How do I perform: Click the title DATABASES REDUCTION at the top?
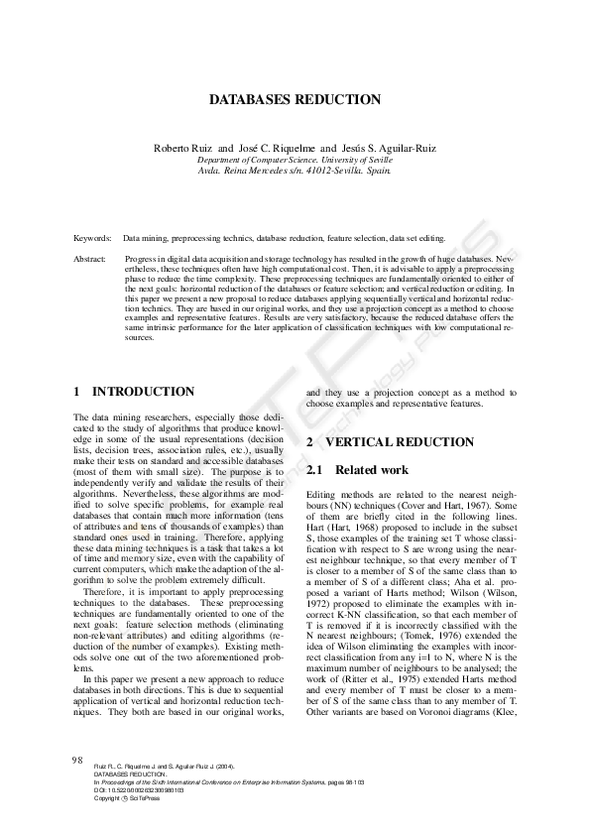(x=295, y=100)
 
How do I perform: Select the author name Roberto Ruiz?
(x=181, y=148)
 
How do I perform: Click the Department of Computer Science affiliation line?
(x=295, y=159)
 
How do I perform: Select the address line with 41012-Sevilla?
(x=295, y=170)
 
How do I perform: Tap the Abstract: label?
(x=91, y=259)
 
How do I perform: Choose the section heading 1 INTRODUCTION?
(x=134, y=393)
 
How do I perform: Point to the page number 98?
(x=76, y=760)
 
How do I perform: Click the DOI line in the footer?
(x=139, y=790)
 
